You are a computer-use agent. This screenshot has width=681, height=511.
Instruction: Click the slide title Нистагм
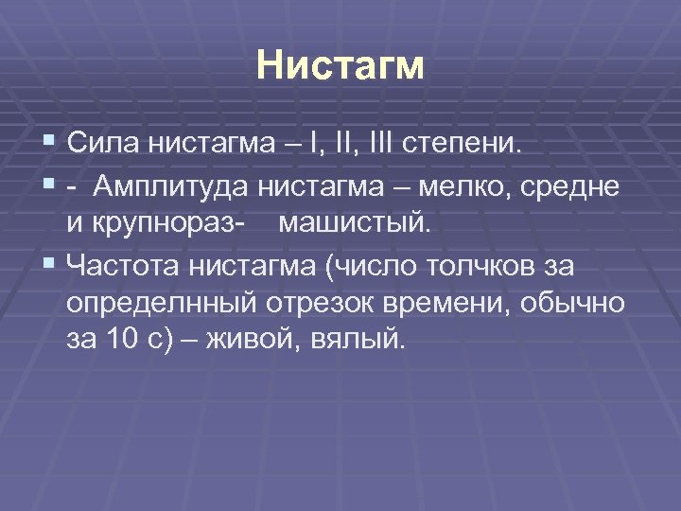[x=340, y=67]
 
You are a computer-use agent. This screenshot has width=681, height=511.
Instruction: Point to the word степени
[x=462, y=146]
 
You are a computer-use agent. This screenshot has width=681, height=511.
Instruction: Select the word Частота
[x=123, y=268]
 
